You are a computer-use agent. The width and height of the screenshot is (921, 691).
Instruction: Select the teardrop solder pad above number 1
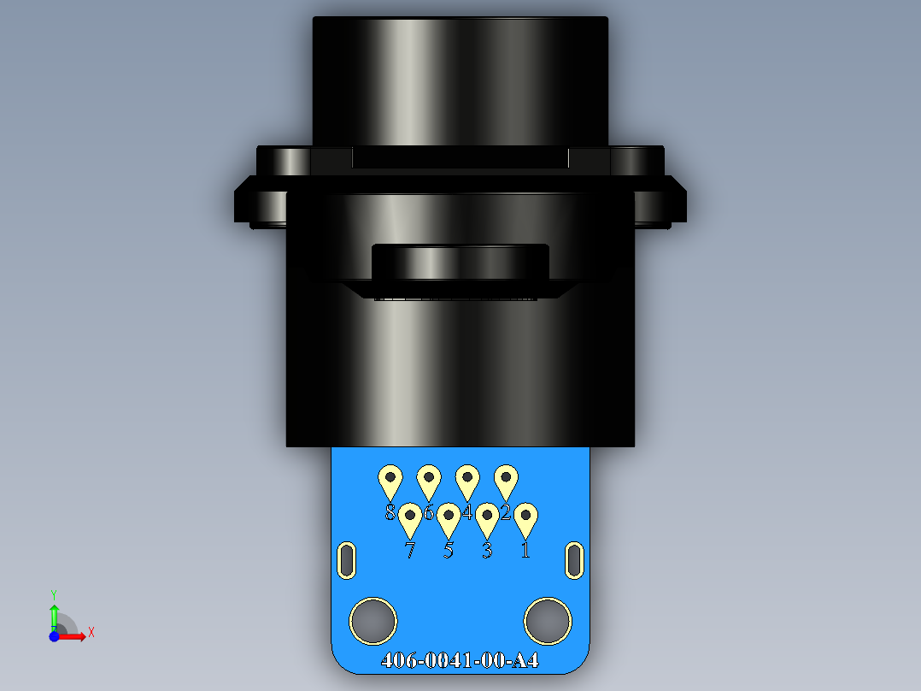pos(525,519)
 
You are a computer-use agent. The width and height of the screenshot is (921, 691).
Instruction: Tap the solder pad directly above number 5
pos(449,519)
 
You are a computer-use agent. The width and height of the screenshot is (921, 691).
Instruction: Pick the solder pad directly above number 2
pos(506,480)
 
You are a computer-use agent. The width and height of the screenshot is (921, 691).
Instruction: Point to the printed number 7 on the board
pos(410,551)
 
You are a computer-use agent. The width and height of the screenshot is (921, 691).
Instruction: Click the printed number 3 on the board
pos(487,551)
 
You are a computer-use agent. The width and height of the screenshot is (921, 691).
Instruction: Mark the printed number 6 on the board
pos(429,513)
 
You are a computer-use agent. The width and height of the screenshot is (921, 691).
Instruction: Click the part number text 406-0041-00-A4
pos(460,661)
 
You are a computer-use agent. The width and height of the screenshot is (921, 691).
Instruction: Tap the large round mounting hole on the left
pos(373,620)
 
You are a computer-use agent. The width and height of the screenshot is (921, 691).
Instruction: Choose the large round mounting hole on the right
pos(548,620)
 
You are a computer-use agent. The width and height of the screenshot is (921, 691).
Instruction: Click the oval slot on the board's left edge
pos(347,560)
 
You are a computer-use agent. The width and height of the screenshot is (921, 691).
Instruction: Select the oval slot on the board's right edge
pos(575,560)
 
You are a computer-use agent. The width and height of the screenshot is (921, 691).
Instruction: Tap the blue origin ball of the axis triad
pos(54,636)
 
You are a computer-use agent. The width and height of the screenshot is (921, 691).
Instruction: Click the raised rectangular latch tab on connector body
pos(460,263)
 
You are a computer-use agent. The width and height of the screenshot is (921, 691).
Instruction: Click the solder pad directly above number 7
pos(410,519)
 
